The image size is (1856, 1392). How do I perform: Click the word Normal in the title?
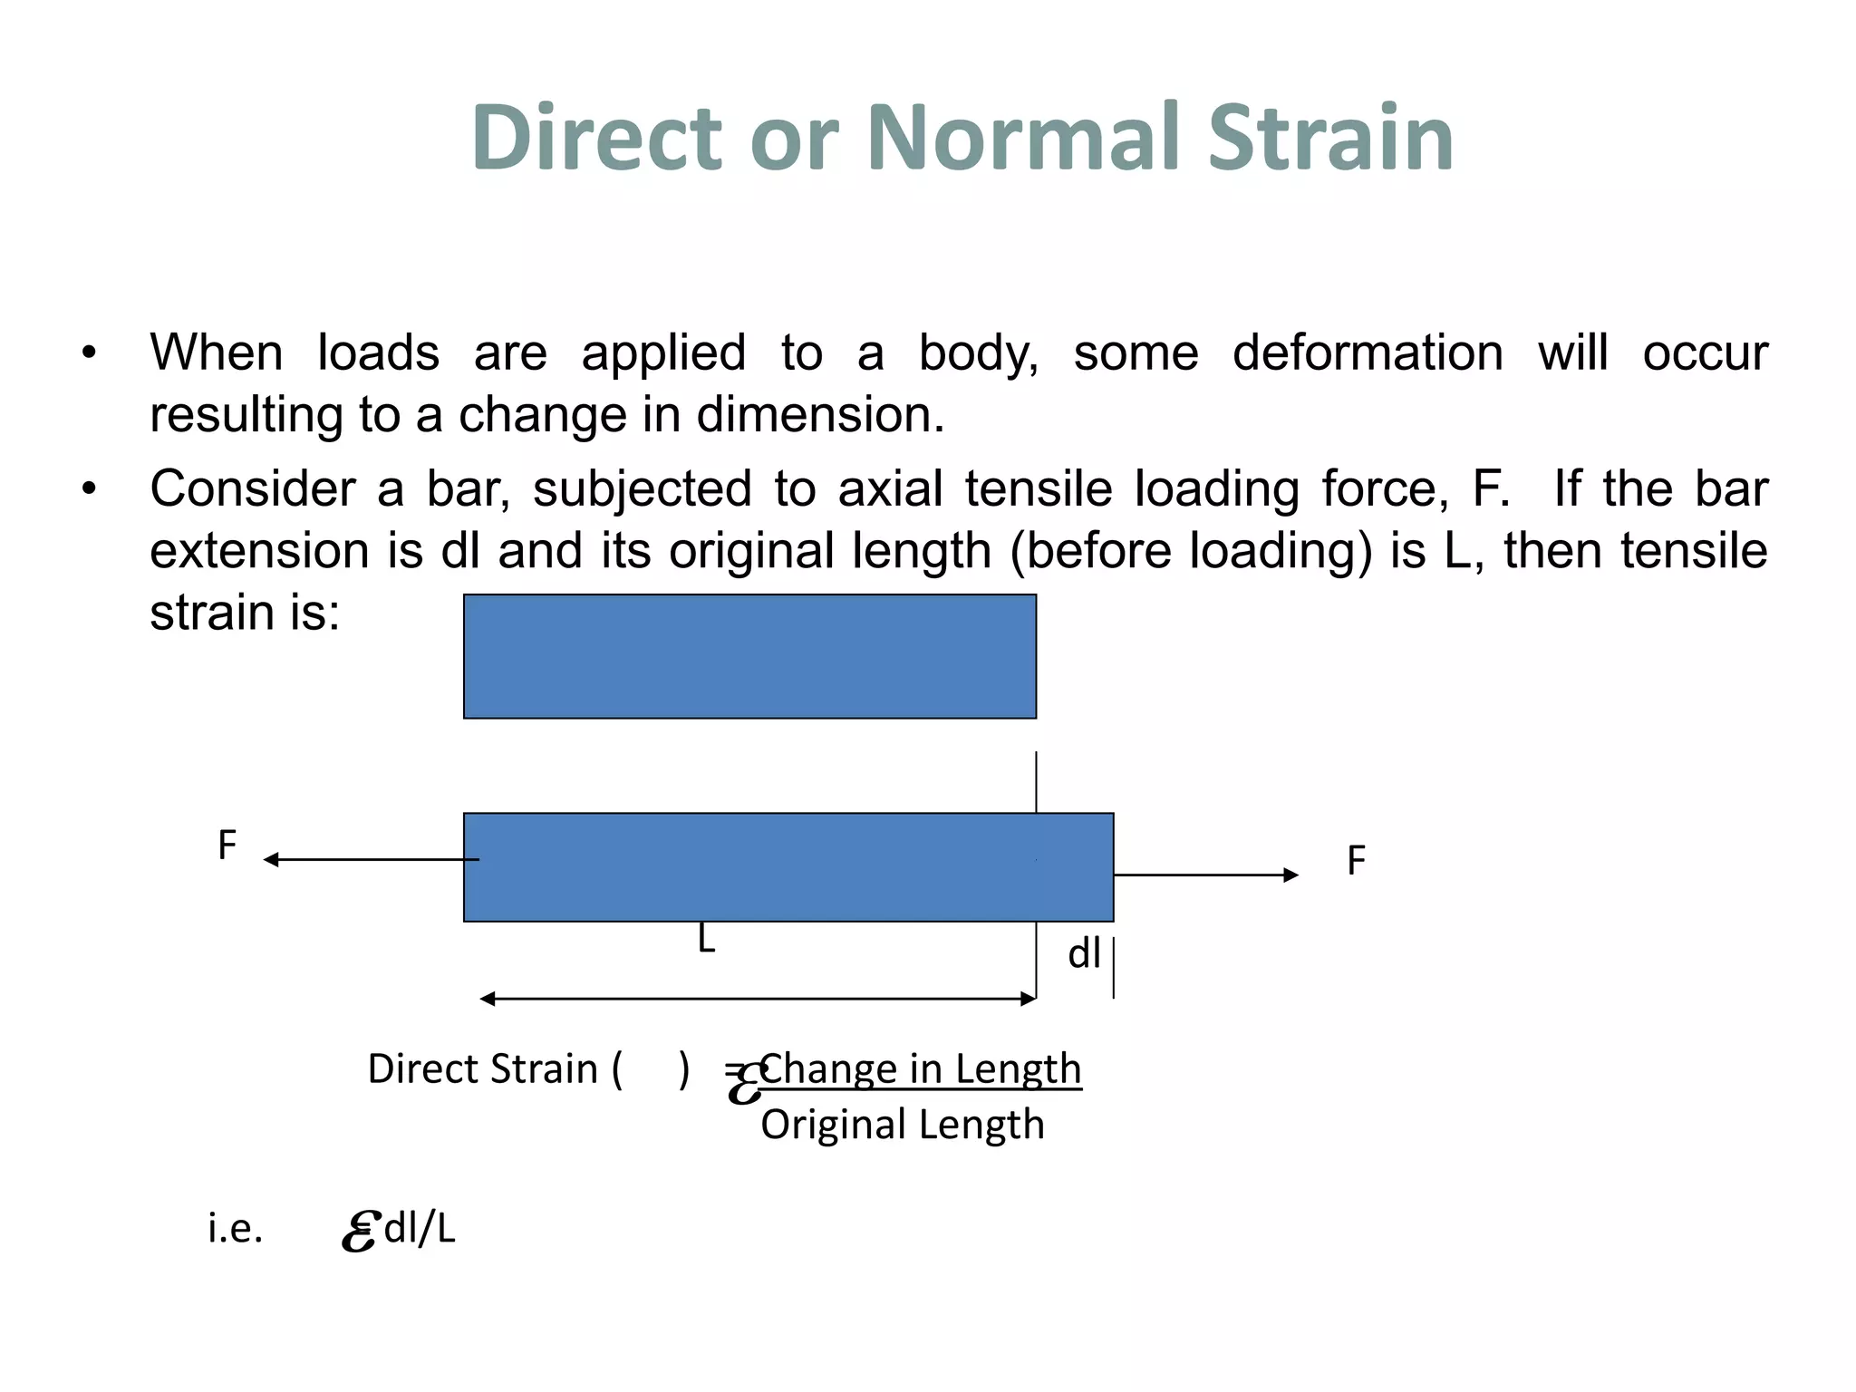[x=1025, y=138]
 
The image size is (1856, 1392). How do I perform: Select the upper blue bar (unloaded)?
[x=749, y=656]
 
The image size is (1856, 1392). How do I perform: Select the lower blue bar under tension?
[x=788, y=867]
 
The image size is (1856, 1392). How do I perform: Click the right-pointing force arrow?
[x=1205, y=875]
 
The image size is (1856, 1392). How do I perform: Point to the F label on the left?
[x=227, y=846]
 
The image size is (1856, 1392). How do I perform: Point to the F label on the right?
[x=1356, y=861]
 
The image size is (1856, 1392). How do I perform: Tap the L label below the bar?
[x=706, y=940]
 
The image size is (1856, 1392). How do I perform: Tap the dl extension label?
[x=1084, y=954]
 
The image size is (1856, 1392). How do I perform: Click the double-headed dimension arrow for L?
[x=757, y=999]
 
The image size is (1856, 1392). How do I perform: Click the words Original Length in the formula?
[x=902, y=1125]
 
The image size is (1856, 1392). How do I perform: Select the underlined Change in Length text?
[x=921, y=1069]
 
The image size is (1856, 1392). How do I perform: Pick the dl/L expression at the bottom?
[x=420, y=1229]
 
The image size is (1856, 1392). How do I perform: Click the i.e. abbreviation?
[x=235, y=1229]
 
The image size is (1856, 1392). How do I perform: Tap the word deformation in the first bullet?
[x=1367, y=353]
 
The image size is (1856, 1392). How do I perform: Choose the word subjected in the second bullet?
[x=642, y=488]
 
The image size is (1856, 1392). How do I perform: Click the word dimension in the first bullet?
[x=819, y=415]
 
